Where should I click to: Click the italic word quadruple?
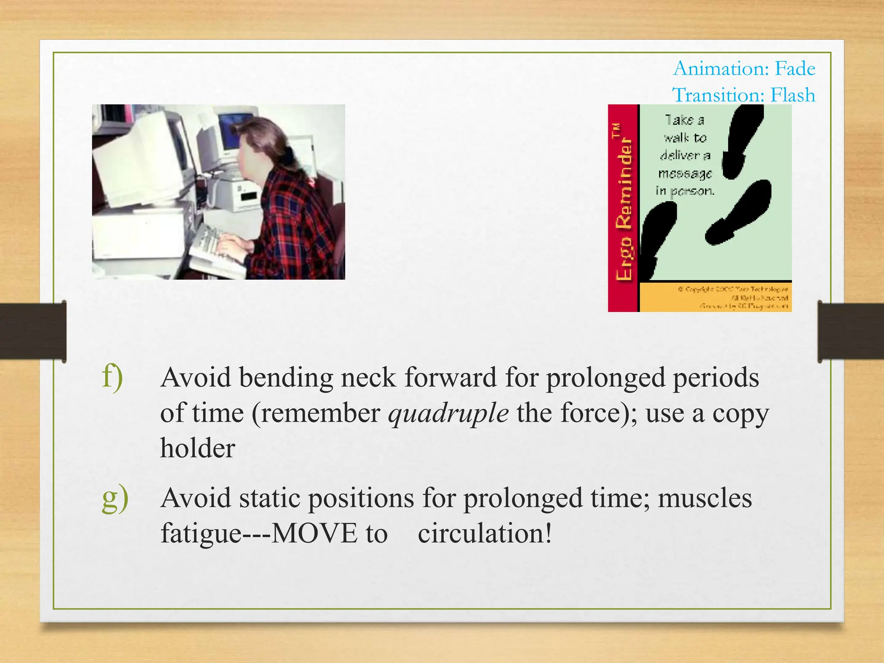pos(448,414)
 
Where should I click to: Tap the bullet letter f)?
pos(113,377)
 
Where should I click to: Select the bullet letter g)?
pos(115,498)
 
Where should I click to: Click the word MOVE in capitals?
pos(314,533)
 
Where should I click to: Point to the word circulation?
pos(485,533)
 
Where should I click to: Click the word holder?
pos(198,448)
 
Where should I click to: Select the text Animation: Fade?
pos(744,69)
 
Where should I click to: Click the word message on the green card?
pos(685,174)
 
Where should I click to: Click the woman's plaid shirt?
pos(294,224)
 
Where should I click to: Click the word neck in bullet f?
pos(368,378)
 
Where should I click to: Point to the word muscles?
pos(704,498)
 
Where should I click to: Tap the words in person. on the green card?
pos(685,191)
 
